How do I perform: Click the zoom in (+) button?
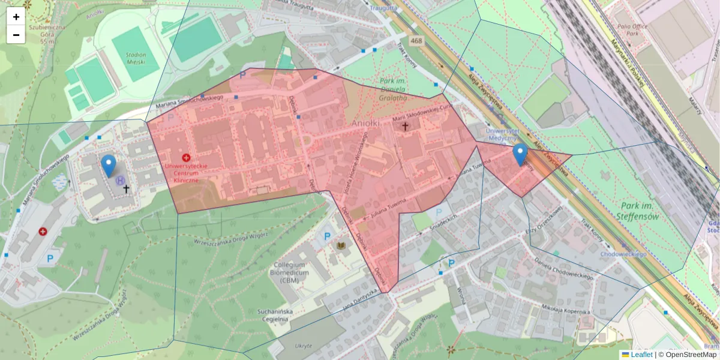click(16, 17)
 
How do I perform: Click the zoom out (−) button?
click(16, 35)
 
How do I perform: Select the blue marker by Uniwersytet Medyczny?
click(520, 154)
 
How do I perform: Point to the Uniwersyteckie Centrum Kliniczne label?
click(185, 172)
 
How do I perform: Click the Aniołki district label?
click(368, 122)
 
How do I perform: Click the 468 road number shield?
click(416, 40)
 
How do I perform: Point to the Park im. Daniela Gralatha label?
click(394, 88)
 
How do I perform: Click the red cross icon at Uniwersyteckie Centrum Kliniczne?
click(186, 157)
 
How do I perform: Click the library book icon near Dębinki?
click(341, 247)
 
